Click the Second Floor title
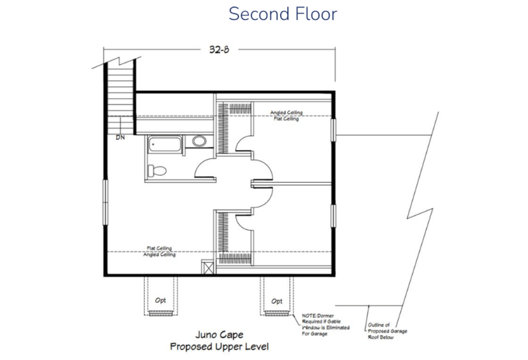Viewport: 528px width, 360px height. click(x=283, y=14)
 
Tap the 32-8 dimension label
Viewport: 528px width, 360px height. click(x=219, y=49)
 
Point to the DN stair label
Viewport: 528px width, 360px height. click(x=120, y=137)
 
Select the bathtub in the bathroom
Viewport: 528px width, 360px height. click(x=165, y=144)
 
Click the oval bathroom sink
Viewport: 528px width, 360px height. click(x=199, y=141)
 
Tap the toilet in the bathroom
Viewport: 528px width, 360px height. click(x=157, y=170)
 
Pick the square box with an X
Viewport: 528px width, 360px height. click(x=207, y=267)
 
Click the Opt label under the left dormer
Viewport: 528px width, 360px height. click(x=160, y=300)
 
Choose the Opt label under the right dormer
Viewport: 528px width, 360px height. click(x=277, y=301)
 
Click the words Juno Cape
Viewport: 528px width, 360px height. click(x=219, y=334)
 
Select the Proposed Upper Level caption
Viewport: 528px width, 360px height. click(x=219, y=346)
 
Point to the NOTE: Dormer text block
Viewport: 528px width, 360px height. click(x=326, y=325)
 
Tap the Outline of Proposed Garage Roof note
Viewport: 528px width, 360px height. click(x=388, y=331)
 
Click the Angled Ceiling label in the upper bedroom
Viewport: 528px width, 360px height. click(x=286, y=113)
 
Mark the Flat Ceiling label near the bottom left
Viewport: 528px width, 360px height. click(x=159, y=248)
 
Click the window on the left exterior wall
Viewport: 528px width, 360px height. click(x=105, y=202)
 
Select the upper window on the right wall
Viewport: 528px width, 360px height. click(x=334, y=130)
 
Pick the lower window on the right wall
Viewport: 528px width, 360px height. click(x=334, y=216)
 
